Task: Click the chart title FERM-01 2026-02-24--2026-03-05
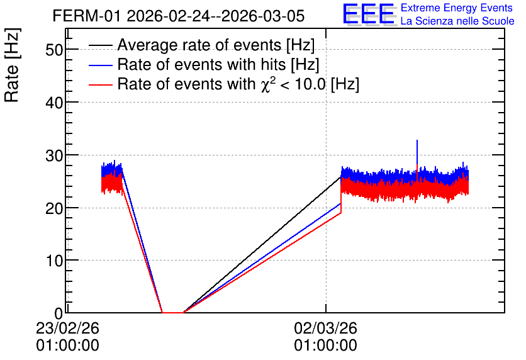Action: [179, 16]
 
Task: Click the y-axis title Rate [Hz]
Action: [12, 65]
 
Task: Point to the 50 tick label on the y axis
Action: [54, 50]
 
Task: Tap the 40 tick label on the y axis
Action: [54, 103]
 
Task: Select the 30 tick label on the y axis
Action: [54, 155]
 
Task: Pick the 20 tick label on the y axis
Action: [54, 208]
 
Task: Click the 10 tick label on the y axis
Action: [54, 261]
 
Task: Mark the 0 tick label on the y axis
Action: [59, 313]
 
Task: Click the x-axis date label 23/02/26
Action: [67, 328]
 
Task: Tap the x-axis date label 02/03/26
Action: [325, 328]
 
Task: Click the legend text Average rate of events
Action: [199, 45]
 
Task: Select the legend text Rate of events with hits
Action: [201, 64]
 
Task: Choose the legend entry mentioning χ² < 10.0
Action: [238, 84]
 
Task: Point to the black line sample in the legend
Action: [100, 45]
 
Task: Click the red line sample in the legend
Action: [100, 84]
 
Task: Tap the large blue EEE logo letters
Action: [369, 14]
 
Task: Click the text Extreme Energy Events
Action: [457, 8]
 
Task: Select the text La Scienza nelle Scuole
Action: [457, 21]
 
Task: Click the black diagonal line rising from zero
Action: [262, 245]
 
